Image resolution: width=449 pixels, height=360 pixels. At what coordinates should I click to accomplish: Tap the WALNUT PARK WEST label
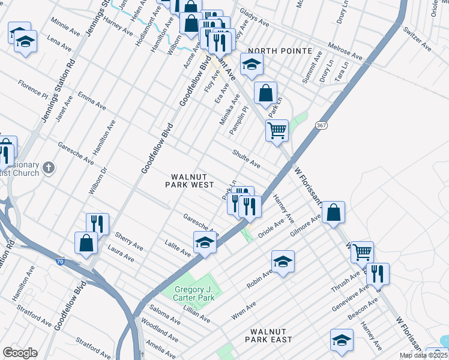[x=190, y=181]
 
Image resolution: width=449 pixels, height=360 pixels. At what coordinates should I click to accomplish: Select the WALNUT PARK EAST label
[x=271, y=335]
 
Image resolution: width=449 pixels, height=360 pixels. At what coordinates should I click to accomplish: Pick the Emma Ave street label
[x=92, y=101]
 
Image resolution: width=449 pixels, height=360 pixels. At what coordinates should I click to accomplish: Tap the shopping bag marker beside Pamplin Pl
[x=265, y=92]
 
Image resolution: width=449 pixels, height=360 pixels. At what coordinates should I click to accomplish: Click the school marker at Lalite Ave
[x=205, y=242]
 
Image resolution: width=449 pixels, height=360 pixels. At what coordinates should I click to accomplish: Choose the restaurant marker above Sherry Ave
[x=97, y=224]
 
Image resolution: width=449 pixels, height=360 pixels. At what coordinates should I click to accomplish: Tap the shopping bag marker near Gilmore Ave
[x=333, y=212]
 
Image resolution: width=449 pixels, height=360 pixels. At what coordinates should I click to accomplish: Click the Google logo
[x=20, y=353]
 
